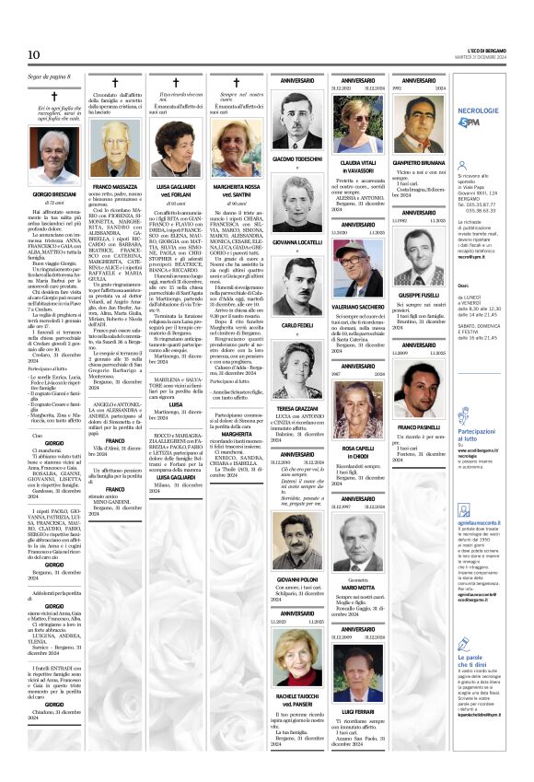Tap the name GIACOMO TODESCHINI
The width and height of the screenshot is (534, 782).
click(296, 158)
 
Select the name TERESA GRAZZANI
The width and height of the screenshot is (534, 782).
click(296, 407)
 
